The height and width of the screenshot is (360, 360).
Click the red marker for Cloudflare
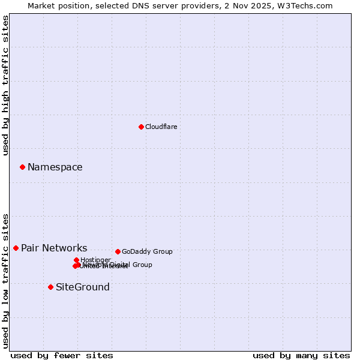(x=141, y=127)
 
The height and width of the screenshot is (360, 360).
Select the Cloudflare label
(x=161, y=127)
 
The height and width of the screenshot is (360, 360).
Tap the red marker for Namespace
(x=22, y=167)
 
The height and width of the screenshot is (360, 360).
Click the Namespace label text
(x=55, y=167)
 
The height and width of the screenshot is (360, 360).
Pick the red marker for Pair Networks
(x=16, y=248)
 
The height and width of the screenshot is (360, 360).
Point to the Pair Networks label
(x=54, y=248)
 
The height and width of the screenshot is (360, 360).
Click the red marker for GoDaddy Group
(x=118, y=251)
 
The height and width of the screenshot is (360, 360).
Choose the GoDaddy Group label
(x=147, y=252)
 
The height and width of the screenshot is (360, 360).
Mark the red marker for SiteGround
(x=50, y=287)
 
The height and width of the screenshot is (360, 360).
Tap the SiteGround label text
(x=83, y=287)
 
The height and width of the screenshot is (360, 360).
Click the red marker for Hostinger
(x=76, y=260)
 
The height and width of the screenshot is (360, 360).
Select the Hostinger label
(x=95, y=260)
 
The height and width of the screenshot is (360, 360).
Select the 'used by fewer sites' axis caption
(x=62, y=355)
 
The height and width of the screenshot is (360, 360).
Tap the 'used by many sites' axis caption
(x=301, y=355)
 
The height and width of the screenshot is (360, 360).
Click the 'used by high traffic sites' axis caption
(x=5, y=86)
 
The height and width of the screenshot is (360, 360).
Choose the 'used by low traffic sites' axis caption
(x=5, y=281)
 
